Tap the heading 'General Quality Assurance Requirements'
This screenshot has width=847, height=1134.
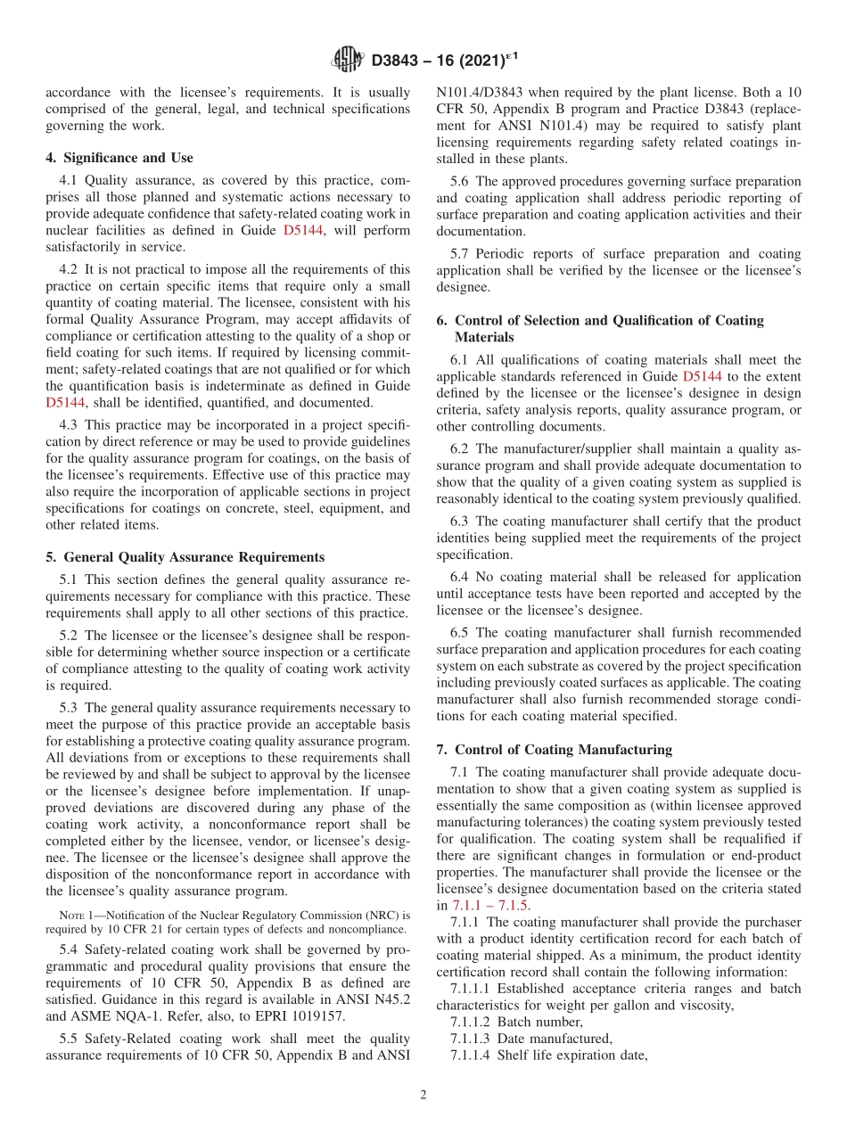193,557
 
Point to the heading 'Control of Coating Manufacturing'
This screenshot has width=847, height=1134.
563,750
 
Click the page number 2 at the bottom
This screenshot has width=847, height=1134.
423,1095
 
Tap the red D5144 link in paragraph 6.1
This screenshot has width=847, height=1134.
702,376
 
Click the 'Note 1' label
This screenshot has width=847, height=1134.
75,915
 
